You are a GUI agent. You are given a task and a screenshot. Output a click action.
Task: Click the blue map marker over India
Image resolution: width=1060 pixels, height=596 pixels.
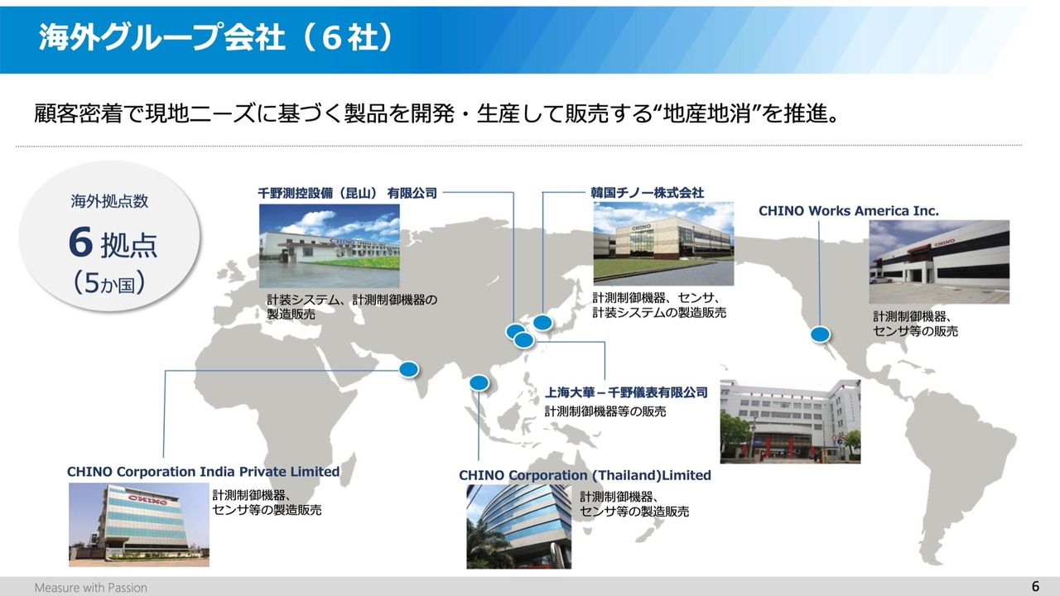pos(409,369)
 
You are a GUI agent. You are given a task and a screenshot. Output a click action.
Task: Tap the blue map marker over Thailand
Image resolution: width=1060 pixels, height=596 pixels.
pos(479,382)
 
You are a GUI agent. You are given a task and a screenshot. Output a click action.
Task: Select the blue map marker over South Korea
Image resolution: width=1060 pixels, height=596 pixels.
pos(542,323)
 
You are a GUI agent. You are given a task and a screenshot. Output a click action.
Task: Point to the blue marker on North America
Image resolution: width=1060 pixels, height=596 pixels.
pos(820,334)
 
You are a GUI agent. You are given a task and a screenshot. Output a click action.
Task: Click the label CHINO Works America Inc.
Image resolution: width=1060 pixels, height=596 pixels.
pos(849,211)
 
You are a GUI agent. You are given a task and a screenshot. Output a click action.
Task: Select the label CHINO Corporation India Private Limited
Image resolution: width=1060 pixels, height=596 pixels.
pos(204,472)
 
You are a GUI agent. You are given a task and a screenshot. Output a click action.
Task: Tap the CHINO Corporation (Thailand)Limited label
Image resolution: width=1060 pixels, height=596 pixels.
pos(585,475)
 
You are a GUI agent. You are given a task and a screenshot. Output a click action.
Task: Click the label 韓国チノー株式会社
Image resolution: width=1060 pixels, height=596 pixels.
pos(647,193)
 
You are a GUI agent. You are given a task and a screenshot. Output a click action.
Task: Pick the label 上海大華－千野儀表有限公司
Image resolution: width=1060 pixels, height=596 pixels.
pos(626,392)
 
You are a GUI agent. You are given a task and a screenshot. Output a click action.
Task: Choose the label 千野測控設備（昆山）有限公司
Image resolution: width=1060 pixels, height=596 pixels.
pos(347,193)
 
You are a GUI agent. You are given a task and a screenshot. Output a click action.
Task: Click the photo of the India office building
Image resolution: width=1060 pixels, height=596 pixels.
pos(139,525)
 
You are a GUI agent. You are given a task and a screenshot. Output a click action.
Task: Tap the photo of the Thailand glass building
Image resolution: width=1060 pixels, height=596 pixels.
pos(518,526)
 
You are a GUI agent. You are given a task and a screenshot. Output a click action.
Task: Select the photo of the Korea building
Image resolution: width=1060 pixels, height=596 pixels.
pos(663,243)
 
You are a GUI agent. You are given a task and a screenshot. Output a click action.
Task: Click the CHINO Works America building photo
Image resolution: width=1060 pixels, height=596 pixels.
pos(939,262)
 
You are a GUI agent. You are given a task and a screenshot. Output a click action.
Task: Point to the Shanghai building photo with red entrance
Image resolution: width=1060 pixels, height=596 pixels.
pos(790,421)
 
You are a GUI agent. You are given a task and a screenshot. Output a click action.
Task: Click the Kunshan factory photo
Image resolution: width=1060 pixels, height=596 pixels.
pos(330,246)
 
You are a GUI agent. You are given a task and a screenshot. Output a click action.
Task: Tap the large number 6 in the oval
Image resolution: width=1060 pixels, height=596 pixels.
pos(80,243)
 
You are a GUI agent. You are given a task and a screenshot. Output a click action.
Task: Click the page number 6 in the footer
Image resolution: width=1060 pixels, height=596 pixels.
pos(1035,587)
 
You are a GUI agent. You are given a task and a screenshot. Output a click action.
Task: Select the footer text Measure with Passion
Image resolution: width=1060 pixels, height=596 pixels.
pos(91,588)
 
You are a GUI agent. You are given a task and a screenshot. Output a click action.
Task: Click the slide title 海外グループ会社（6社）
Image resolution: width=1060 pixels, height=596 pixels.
pos(216,37)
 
